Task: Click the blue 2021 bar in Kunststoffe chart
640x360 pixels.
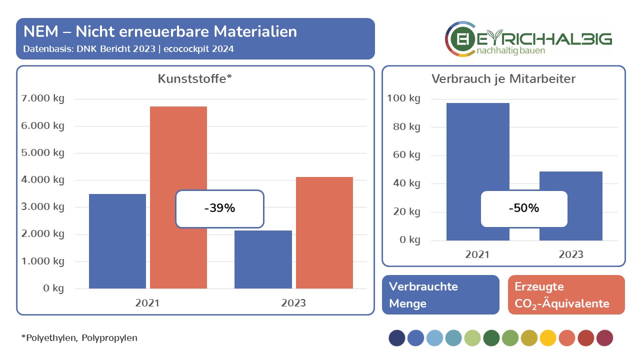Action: [x=117, y=241]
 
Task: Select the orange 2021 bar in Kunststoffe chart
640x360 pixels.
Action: [x=178, y=150]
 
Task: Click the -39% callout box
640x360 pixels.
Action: [x=219, y=209]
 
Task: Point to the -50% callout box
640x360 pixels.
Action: [x=524, y=208]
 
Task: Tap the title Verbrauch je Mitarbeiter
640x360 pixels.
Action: [x=503, y=79]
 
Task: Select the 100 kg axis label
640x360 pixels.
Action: [x=403, y=98]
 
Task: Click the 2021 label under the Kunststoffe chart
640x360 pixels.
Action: [x=147, y=303]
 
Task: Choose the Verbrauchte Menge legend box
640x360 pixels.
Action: [x=440, y=294]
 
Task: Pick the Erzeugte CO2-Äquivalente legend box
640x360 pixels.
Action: [x=566, y=294]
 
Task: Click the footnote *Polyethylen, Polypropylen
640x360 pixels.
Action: [x=79, y=338]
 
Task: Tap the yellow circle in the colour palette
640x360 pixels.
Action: [x=548, y=338]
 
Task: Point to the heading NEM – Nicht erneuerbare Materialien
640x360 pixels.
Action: [x=160, y=31]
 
